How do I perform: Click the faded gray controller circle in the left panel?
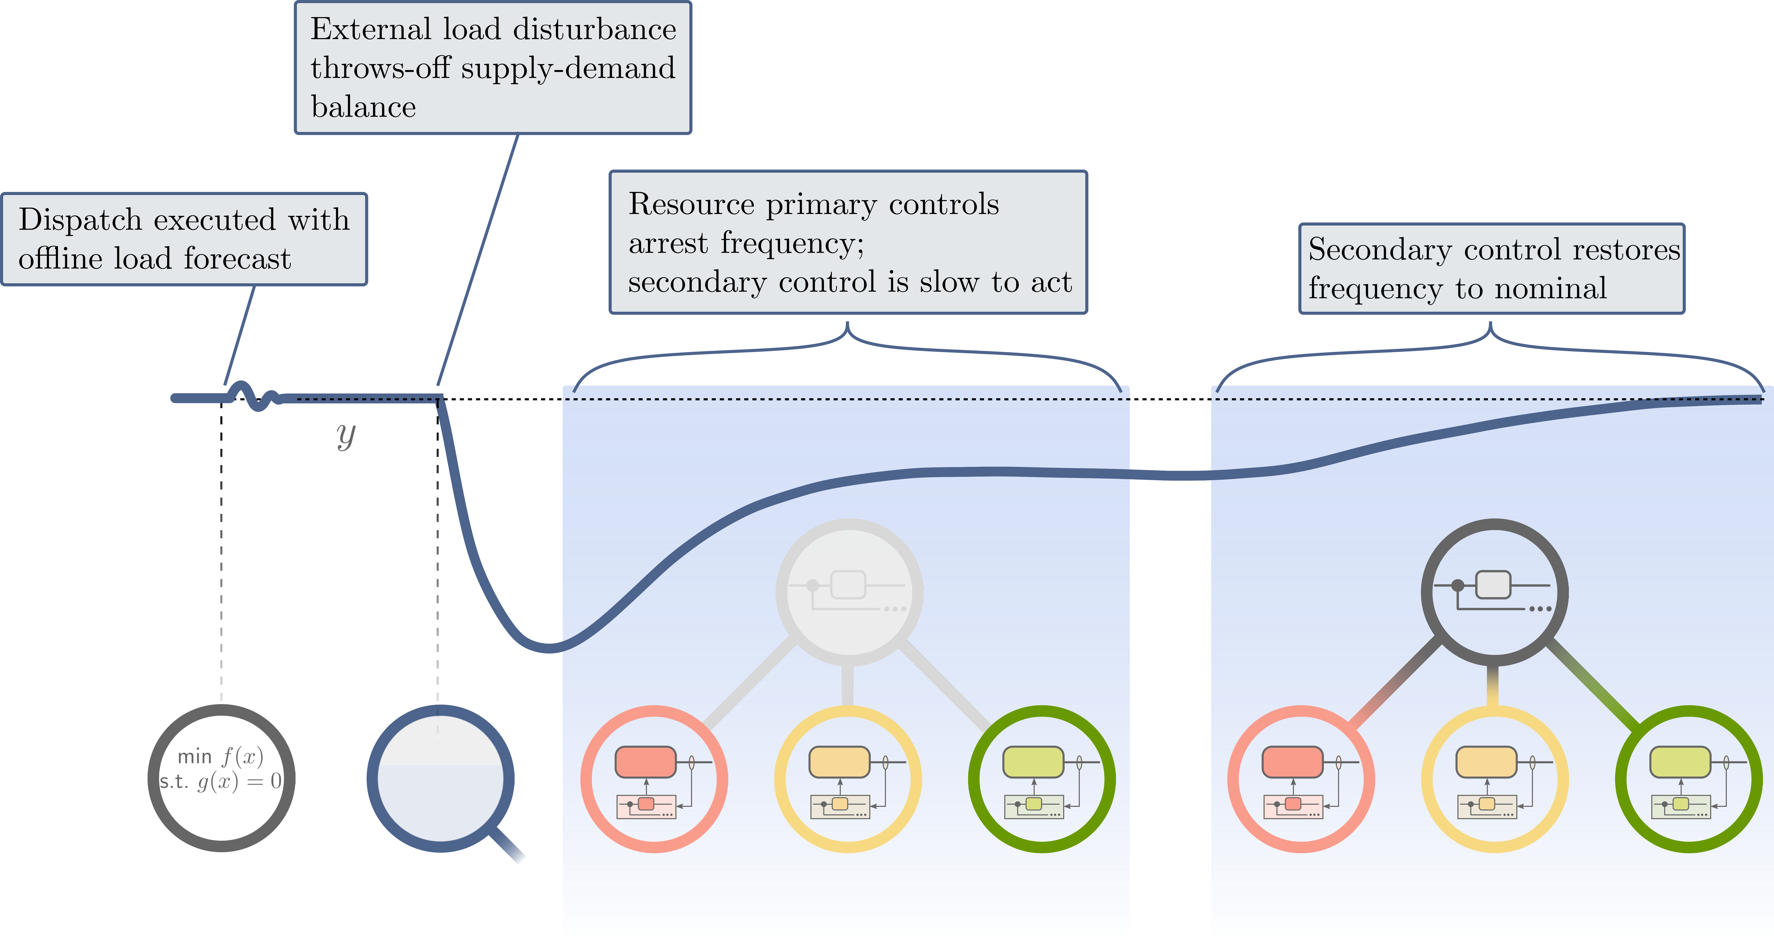849,591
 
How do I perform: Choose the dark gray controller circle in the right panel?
1494,591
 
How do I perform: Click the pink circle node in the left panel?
654,779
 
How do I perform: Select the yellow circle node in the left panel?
848,779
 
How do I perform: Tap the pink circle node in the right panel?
1301,779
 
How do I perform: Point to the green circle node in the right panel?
1689,779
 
